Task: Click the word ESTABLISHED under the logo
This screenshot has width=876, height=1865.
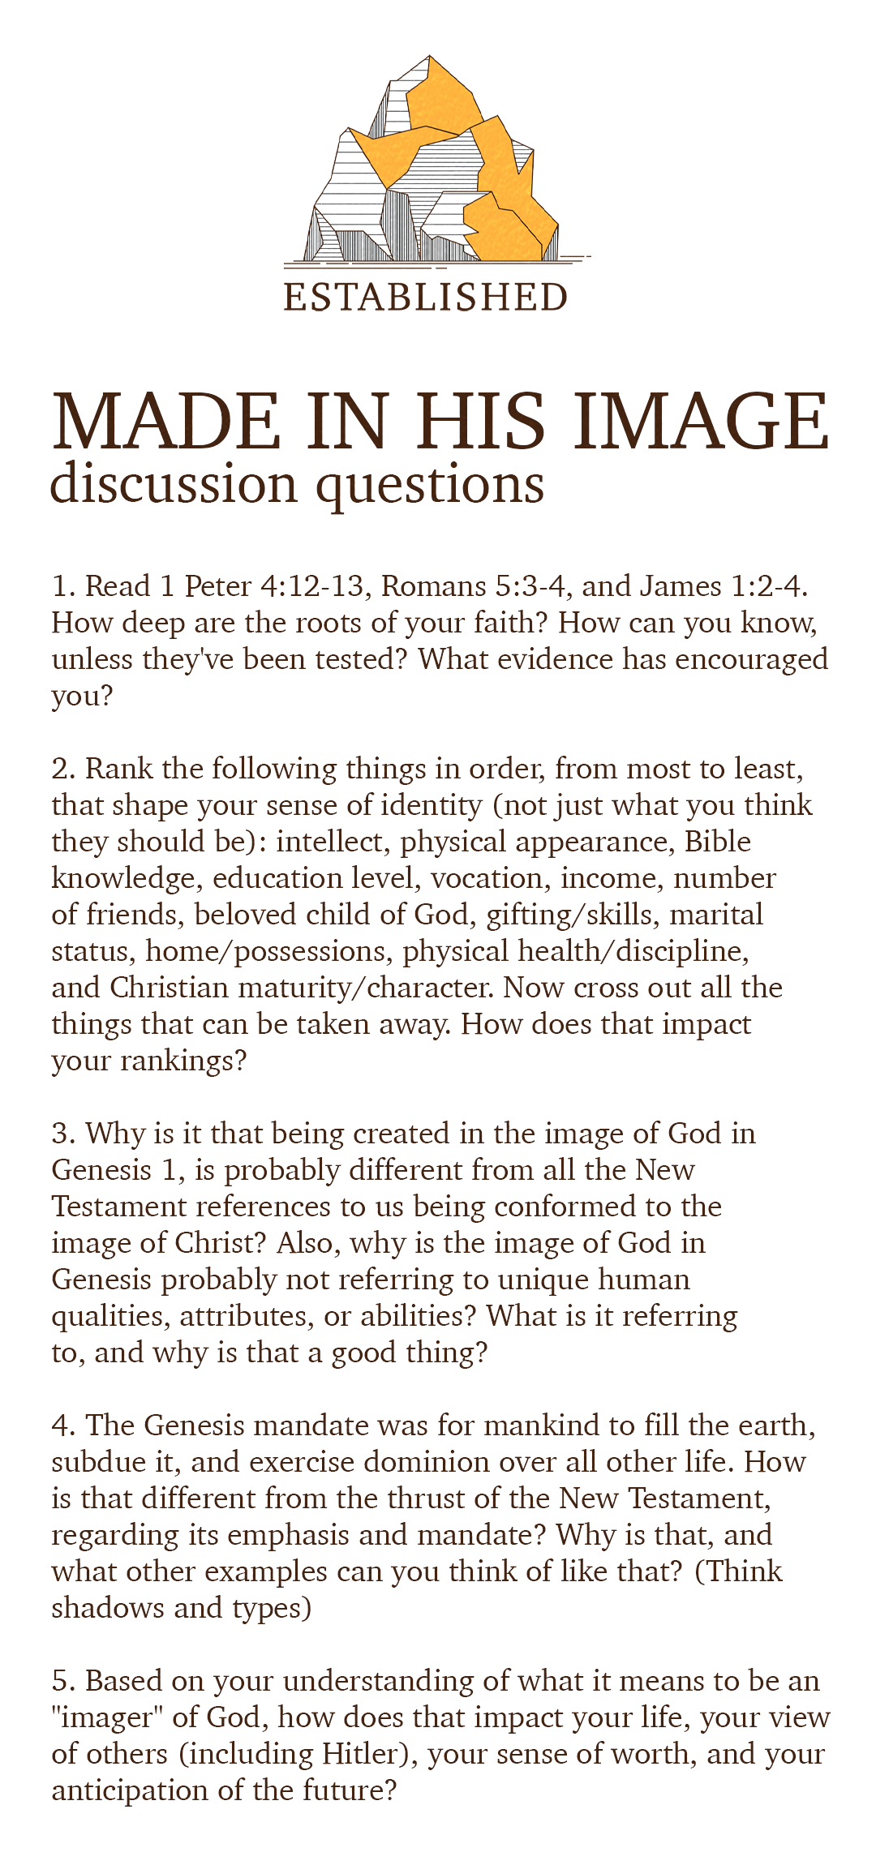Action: click(x=425, y=298)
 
